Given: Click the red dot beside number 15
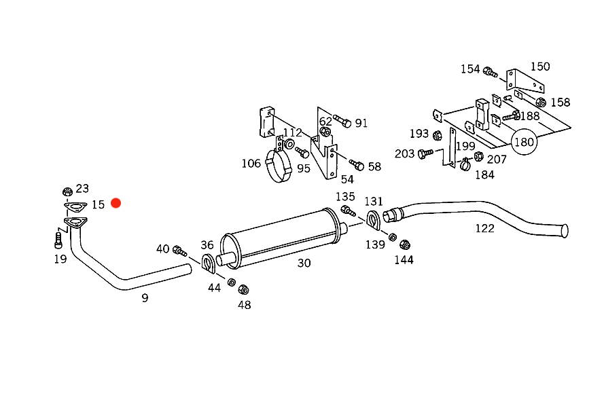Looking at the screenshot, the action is click(x=116, y=203).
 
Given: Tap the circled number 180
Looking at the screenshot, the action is click(x=524, y=142).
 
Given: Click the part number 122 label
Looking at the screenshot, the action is click(x=484, y=228).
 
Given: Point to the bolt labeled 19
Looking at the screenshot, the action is click(x=58, y=240).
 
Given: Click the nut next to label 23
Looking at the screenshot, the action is click(x=67, y=191).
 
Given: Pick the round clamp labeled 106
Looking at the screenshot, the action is click(x=279, y=166).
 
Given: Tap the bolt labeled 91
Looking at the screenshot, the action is click(x=342, y=121).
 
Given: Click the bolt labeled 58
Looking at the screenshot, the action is click(x=357, y=165).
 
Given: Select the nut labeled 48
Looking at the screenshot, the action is click(x=243, y=289).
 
